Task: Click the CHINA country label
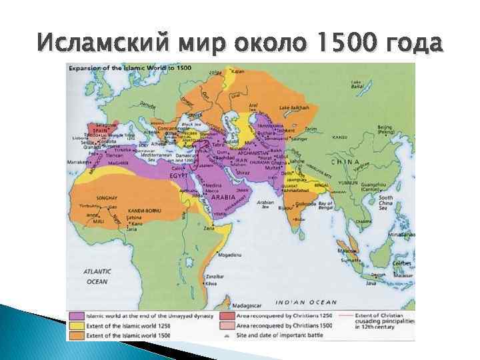346,162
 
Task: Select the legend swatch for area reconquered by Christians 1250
227,315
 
